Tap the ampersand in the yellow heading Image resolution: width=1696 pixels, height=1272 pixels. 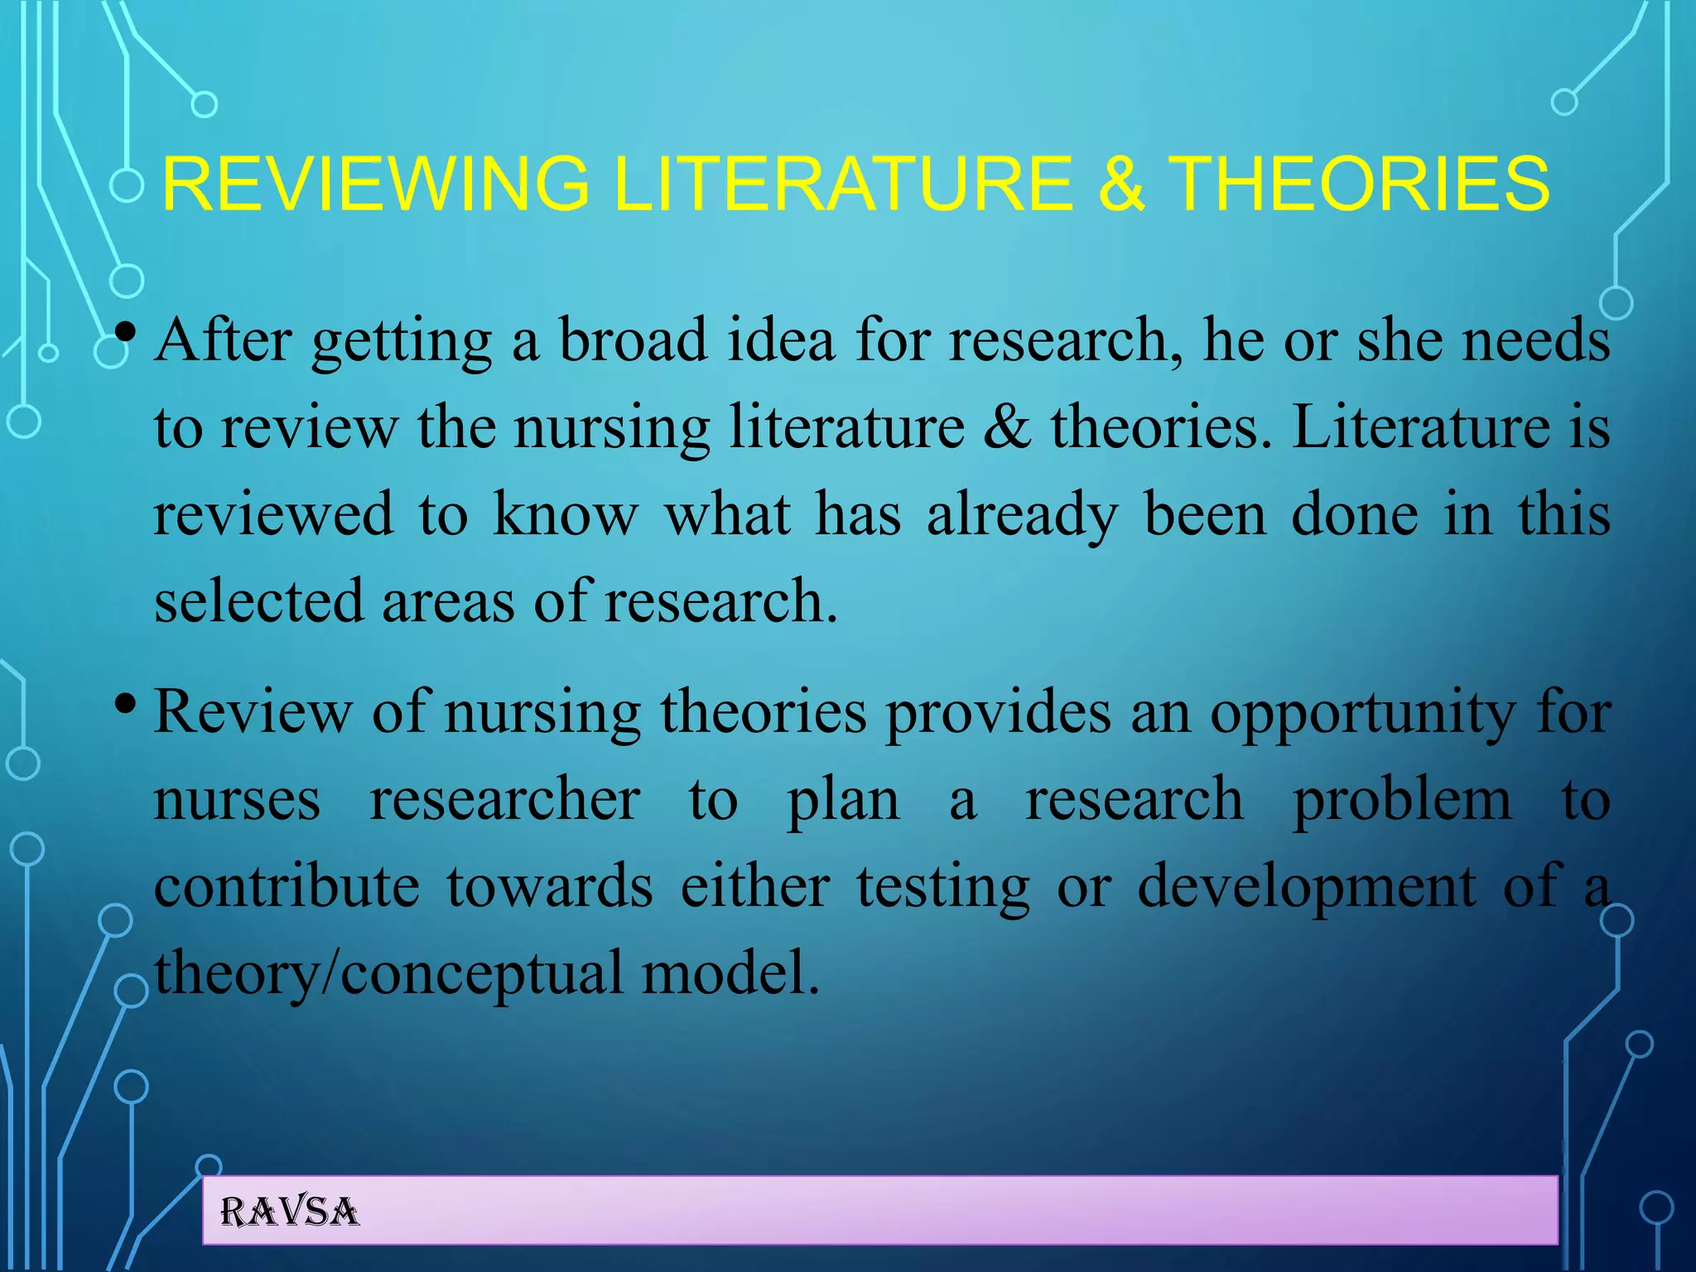(1121, 185)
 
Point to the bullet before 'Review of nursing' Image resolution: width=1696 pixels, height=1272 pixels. (126, 705)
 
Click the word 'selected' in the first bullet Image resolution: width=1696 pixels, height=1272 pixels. (259, 601)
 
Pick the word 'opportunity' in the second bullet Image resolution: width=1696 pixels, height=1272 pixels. (1363, 714)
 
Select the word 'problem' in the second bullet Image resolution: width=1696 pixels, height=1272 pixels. (1402, 802)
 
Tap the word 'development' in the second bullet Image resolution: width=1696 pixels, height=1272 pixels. (1307, 888)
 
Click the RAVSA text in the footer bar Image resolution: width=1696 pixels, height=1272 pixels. (290, 1212)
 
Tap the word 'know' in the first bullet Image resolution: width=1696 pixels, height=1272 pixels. (566, 515)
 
